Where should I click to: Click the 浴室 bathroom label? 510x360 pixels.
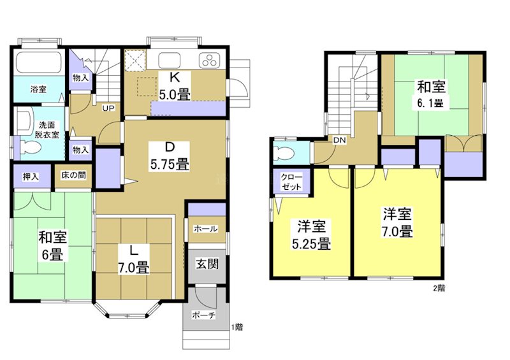38,89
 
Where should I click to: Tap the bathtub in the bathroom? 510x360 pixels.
38,64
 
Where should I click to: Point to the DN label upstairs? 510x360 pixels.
339,140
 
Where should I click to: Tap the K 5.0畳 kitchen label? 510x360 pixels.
173,85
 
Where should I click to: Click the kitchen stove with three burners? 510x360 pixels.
208,62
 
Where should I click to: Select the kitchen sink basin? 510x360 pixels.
171,61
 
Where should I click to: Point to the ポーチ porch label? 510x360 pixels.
204,314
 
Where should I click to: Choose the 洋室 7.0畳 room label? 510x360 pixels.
397,222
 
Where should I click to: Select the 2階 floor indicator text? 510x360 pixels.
439,287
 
